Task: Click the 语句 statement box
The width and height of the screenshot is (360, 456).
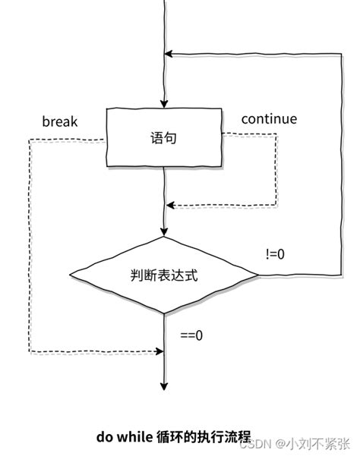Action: click(164, 138)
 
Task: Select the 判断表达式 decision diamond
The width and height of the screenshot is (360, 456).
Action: click(164, 274)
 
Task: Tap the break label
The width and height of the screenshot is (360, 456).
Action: click(60, 121)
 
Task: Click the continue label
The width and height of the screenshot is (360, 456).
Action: click(269, 119)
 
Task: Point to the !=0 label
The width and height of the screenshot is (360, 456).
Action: click(275, 254)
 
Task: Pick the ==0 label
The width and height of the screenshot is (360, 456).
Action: click(191, 334)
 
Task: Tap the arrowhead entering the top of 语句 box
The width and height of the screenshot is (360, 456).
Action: click(164, 104)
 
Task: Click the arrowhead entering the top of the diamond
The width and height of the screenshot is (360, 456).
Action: click(164, 231)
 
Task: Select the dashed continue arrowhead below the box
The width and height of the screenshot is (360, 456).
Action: click(170, 204)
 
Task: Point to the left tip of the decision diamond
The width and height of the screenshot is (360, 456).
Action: click(70, 274)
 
